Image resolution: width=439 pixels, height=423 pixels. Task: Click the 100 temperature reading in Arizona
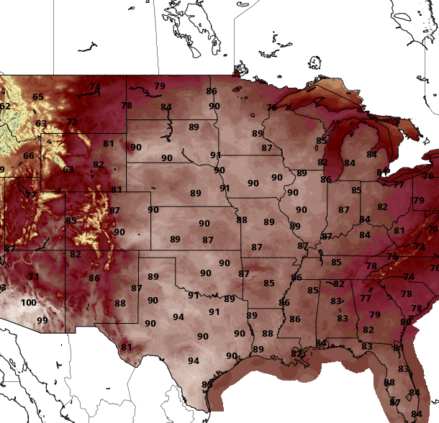coord(28,303)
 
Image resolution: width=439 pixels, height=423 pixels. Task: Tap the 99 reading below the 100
coord(42,321)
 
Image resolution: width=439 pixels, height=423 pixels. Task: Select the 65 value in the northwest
coord(38,97)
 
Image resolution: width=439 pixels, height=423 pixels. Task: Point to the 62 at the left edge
coord(5,107)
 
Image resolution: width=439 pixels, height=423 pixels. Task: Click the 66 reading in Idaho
coord(29,156)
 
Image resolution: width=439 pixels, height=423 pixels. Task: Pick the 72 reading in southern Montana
coord(72,122)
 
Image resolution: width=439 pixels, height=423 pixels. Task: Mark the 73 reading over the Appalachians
coord(420,247)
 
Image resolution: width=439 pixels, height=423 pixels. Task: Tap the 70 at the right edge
coord(433,229)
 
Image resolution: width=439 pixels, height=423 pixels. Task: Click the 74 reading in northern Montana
coord(95,87)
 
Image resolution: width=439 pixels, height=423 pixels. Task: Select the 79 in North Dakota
coord(160,86)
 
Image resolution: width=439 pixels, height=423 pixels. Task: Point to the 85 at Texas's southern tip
coord(207,385)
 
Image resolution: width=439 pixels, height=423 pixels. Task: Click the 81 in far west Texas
coord(126,347)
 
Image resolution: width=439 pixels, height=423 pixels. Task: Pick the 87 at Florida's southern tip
coord(395,402)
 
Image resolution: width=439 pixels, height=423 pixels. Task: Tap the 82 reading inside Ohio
coord(382,207)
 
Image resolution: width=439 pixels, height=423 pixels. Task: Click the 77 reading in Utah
coord(31,196)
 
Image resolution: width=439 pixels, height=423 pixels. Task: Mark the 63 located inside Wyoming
coord(68,170)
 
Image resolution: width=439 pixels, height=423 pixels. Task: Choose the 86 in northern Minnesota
coord(212,91)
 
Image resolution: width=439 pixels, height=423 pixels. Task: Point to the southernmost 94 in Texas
coord(194,361)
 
